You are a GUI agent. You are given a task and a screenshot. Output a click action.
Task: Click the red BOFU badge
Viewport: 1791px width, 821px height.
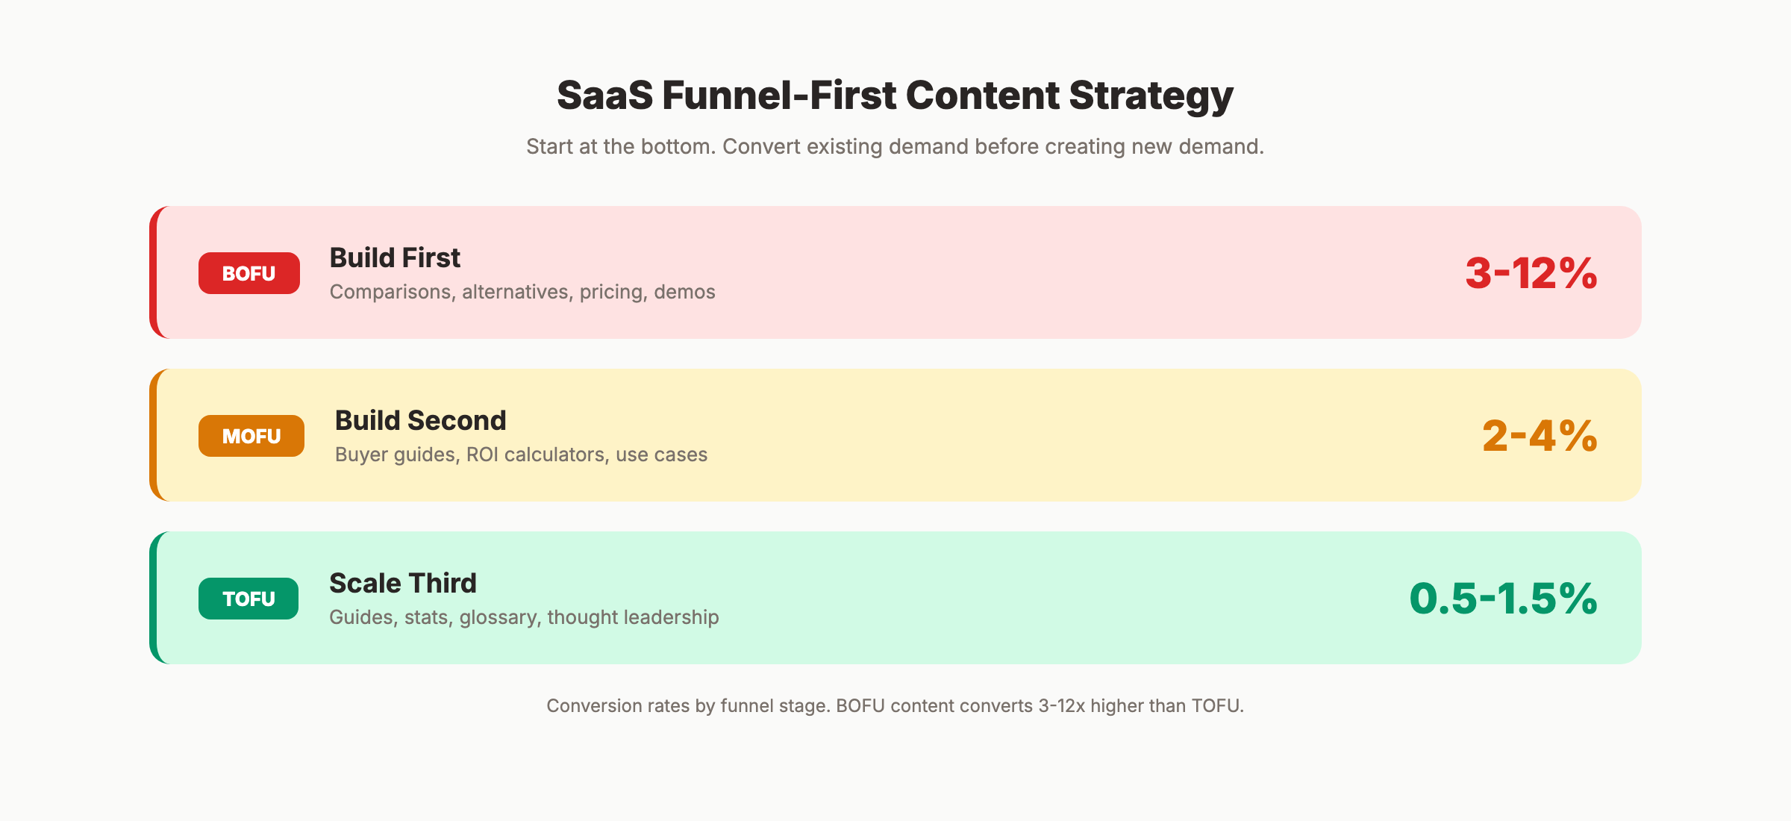click(249, 273)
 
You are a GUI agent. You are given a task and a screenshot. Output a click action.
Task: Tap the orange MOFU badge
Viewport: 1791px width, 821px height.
click(251, 436)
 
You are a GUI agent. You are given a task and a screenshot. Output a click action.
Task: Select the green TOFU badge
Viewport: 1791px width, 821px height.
click(249, 599)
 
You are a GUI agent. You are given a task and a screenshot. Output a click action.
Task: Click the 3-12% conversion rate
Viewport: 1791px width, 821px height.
click(1531, 273)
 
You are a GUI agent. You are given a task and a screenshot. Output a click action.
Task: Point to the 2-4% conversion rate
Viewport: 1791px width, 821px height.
click(1539, 436)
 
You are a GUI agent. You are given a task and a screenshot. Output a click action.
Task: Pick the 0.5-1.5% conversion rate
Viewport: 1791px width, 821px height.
click(1503, 599)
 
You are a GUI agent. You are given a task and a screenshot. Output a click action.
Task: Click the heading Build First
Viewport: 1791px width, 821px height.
click(395, 257)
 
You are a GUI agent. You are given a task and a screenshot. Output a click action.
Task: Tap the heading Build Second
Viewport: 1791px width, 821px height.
click(420, 420)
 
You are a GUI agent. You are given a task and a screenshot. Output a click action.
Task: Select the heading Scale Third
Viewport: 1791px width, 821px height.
click(402, 583)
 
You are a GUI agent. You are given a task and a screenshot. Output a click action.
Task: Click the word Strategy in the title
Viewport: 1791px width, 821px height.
click(1151, 96)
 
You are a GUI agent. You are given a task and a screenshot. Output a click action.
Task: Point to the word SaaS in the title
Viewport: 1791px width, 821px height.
click(604, 96)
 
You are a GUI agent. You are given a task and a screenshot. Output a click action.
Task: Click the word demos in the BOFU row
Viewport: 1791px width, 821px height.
click(684, 292)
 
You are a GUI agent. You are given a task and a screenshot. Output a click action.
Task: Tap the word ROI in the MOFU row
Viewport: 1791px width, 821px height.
click(482, 455)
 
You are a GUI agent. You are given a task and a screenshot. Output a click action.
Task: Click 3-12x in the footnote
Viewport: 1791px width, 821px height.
click(1061, 706)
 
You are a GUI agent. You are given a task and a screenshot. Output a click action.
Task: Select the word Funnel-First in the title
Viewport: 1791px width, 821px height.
click(779, 96)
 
